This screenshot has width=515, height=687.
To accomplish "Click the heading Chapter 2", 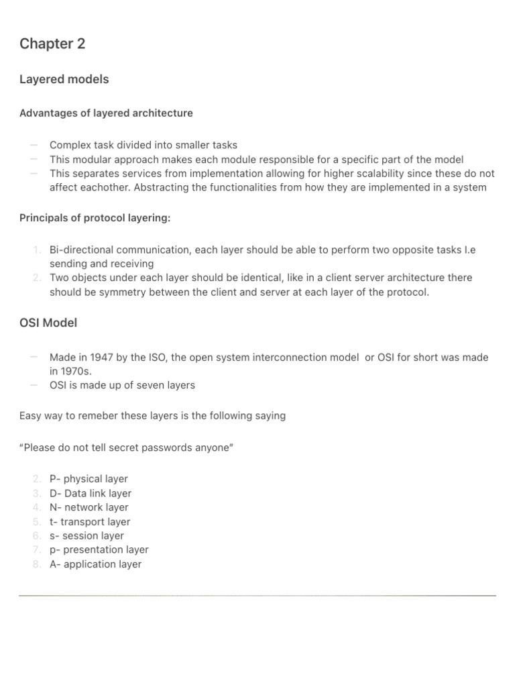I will click(52, 44).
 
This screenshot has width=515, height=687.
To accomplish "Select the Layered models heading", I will click(64, 79).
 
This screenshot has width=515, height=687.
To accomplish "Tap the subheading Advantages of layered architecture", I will click(106, 113).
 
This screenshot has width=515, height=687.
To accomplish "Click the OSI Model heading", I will click(48, 323).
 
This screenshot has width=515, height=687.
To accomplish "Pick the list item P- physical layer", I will click(89, 479).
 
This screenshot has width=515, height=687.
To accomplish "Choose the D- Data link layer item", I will click(91, 493).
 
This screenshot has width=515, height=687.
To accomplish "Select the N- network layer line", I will click(89, 507).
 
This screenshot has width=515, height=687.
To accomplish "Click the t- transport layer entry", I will click(90, 522).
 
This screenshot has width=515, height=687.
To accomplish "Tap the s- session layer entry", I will click(87, 536).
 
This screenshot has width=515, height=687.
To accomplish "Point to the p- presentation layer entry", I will click(99, 550).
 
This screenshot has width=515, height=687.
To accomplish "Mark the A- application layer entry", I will click(96, 564).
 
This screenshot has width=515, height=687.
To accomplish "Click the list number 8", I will click(36, 564).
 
